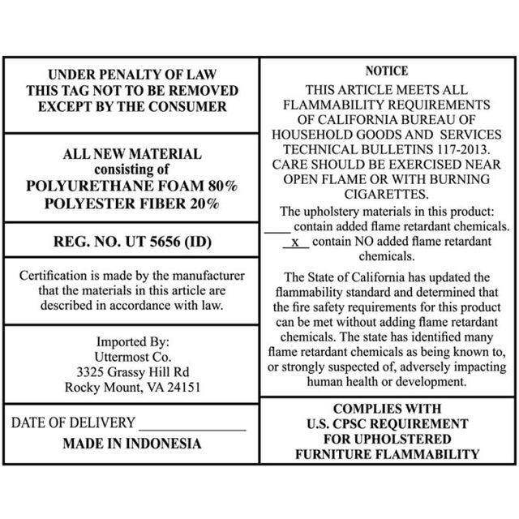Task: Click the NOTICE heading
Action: coord(387,72)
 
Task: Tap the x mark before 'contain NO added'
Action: coord(295,242)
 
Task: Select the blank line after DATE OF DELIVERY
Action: coord(192,423)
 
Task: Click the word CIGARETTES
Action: coord(387,194)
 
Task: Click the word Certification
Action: coord(55,276)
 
